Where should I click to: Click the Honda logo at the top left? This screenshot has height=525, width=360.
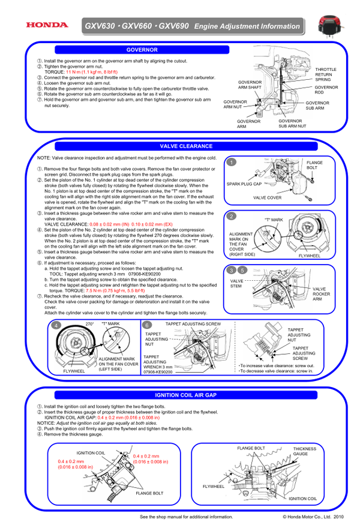pos(47,25)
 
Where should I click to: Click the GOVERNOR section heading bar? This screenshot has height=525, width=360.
pos(142,50)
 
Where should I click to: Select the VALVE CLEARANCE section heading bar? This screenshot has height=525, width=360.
pos(186,146)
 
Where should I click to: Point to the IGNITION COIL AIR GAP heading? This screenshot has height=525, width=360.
pos(186,395)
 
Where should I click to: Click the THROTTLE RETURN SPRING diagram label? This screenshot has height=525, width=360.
pos(326,74)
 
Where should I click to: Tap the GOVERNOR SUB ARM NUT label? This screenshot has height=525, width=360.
pos(292,124)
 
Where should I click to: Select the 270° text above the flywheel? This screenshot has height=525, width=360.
pos(90,324)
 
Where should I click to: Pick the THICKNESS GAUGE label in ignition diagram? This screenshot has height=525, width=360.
pos(305,451)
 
